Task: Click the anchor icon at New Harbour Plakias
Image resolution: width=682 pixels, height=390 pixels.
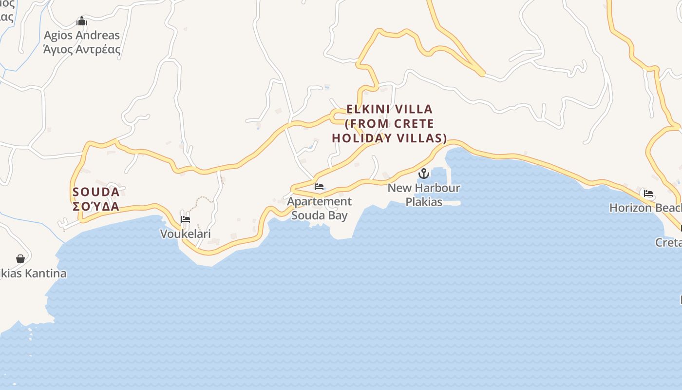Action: [424, 173]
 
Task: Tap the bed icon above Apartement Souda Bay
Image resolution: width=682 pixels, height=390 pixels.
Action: [319, 187]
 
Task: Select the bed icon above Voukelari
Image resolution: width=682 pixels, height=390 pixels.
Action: [186, 219]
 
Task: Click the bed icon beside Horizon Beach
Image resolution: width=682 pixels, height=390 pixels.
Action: [648, 194]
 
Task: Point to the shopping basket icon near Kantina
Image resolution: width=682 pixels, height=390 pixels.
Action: [20, 259]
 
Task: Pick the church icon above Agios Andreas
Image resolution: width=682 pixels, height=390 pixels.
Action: [82, 21]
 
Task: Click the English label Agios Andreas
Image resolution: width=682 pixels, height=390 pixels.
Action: [82, 35]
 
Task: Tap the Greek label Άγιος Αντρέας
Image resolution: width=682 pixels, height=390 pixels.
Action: [82, 49]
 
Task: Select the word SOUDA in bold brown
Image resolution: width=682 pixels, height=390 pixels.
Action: [96, 192]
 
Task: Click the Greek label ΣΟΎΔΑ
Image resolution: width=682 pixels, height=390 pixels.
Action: [96, 206]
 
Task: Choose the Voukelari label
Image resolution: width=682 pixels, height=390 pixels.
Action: [186, 234]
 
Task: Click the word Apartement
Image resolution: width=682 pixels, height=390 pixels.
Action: [319, 201]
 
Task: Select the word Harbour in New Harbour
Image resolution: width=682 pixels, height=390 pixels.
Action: [437, 188]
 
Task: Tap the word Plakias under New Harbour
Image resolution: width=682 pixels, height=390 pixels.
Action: [424, 201]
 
